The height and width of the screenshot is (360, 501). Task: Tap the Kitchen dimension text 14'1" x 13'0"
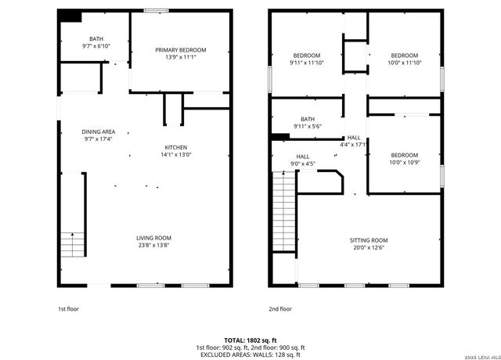(x=175, y=155)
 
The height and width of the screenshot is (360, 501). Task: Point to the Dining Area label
(x=99, y=131)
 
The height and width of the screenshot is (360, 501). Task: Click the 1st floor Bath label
(x=96, y=38)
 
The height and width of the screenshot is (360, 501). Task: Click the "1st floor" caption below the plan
(x=69, y=309)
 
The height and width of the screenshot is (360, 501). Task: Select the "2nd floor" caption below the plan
(x=280, y=309)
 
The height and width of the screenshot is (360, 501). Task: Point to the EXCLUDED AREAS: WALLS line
(x=250, y=355)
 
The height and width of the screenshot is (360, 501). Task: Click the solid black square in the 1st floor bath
(x=71, y=16)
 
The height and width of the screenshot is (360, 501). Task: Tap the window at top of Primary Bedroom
(x=157, y=10)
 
